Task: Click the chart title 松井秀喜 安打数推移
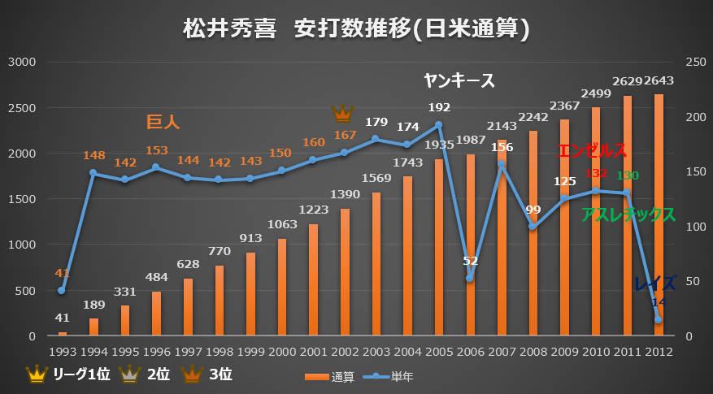coord(356,29)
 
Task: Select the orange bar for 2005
coord(439,248)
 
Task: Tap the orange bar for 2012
coord(659,215)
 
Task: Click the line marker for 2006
coord(470,279)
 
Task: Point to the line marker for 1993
coord(62,290)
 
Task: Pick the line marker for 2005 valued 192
coord(439,125)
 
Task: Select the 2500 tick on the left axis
coord(23,108)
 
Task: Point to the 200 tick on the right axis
coord(689,117)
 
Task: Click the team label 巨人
coord(163,122)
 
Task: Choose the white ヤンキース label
coord(459,80)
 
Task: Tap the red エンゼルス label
coord(593,151)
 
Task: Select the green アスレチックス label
coord(628,215)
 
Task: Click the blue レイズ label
coord(654,284)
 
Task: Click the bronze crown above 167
coord(343,112)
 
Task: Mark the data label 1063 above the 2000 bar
coord(281,225)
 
